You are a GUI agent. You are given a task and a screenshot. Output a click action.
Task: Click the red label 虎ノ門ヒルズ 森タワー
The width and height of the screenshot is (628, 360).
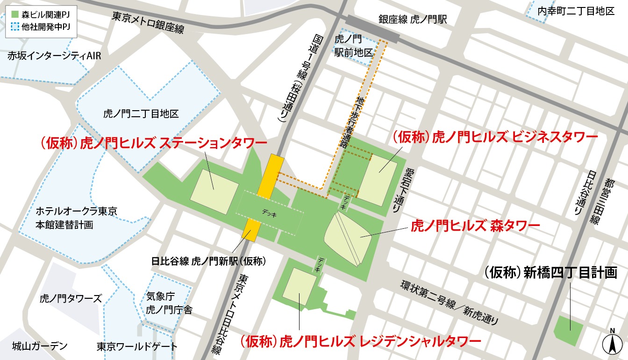[475, 227]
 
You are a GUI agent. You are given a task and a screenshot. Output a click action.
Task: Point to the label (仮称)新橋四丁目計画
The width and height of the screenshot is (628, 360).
[550, 273]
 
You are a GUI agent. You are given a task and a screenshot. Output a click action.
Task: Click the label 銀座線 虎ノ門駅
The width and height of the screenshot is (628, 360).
[413, 20]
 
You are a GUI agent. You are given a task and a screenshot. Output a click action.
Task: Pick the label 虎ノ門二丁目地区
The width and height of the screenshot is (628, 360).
[141, 113]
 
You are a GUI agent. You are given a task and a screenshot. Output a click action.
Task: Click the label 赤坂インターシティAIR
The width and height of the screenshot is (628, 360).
[54, 56]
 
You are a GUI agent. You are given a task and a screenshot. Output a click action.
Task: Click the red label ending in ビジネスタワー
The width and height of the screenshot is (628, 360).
[495, 137]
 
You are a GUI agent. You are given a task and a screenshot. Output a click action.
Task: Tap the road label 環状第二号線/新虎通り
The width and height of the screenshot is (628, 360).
[449, 303]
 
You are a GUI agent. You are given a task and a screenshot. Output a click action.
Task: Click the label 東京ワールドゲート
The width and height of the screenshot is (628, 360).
[137, 346]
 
